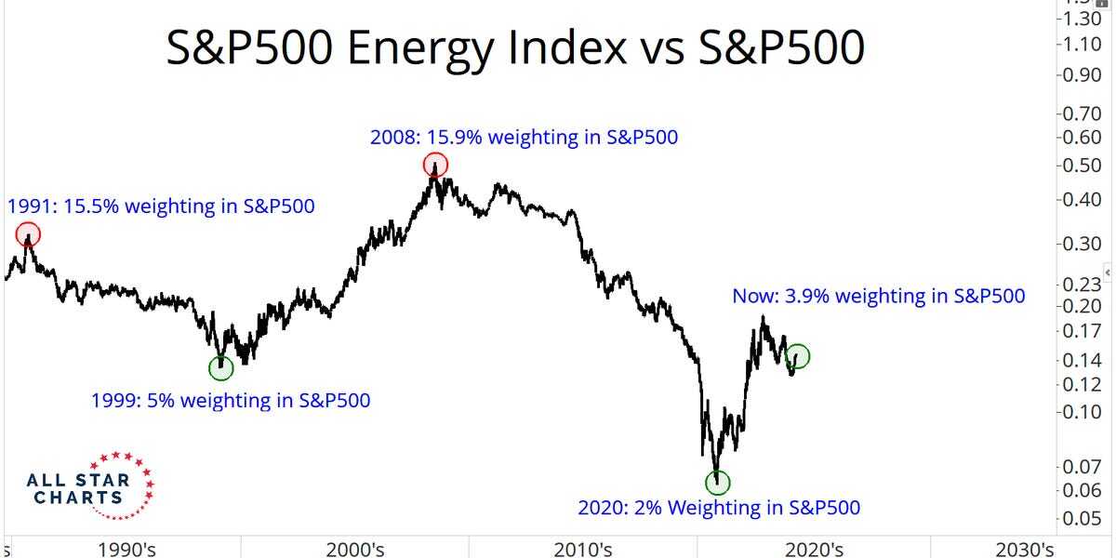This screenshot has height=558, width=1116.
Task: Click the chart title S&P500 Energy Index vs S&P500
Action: (x=515, y=48)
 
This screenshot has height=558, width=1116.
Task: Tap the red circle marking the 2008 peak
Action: (x=435, y=166)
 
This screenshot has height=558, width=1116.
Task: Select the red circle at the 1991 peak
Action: (x=29, y=234)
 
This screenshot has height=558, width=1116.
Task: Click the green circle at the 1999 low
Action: (x=221, y=368)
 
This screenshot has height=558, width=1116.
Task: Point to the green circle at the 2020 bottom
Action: (x=717, y=482)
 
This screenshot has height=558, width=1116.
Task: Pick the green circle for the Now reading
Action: (x=797, y=355)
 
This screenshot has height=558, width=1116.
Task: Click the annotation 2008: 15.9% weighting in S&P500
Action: (x=524, y=138)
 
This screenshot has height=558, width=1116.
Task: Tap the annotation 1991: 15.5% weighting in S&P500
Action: (x=161, y=206)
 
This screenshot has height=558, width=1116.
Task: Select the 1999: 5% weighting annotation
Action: (x=230, y=402)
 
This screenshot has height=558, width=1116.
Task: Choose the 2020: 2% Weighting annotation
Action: (x=718, y=509)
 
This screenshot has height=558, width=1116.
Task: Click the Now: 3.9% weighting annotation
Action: (x=879, y=297)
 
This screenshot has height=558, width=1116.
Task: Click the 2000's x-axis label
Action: (x=353, y=549)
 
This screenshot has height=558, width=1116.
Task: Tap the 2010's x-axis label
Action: (x=581, y=549)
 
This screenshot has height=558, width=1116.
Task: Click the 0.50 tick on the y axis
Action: (x=1081, y=166)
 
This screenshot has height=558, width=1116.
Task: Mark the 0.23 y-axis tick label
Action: (x=1081, y=285)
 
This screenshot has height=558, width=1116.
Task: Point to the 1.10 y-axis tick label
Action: (x=1081, y=44)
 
